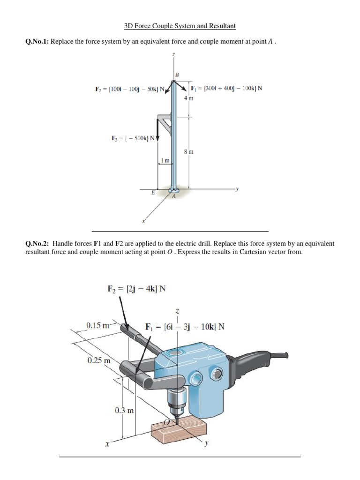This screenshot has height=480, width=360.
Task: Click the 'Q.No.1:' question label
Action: coord(37,41)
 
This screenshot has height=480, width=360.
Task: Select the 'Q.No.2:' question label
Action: coord(37,244)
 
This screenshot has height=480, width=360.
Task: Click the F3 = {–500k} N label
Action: coord(133,138)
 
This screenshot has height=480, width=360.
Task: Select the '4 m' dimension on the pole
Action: coord(188,98)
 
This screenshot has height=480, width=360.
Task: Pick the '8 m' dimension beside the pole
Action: coord(188,152)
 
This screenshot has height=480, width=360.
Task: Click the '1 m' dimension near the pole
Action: coord(165,160)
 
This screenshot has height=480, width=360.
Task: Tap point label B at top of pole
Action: coord(177,75)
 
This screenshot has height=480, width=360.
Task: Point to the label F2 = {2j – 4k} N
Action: coord(136,289)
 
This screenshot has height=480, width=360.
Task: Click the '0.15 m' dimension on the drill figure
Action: coord(98,325)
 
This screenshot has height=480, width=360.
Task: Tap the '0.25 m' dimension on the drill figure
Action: coord(99,360)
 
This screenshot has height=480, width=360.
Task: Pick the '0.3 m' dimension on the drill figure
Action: coord(124,410)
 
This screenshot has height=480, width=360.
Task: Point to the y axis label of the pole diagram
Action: coord(237,189)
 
